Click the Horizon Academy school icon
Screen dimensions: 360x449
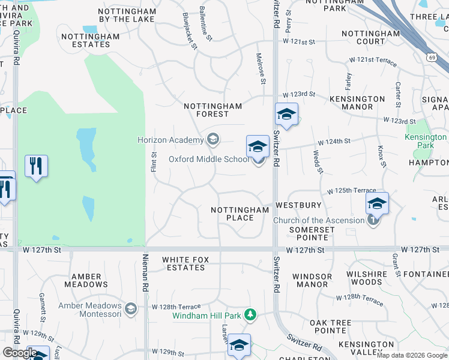[x=212, y=140]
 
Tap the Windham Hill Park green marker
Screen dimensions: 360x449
[x=250, y=314]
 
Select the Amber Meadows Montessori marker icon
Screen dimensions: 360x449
[x=131, y=309]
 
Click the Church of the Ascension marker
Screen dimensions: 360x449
[x=373, y=220]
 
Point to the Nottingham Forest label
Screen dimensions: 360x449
[x=212, y=110]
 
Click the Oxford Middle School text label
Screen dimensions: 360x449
[x=208, y=159]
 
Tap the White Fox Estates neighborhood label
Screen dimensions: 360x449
[x=185, y=263]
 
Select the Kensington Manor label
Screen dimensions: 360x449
[x=357, y=103]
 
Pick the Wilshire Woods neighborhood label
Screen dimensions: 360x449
[x=367, y=278]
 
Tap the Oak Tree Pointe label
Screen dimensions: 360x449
[x=331, y=326]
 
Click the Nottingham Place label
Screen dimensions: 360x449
[x=240, y=214]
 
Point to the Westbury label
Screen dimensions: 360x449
[x=298, y=205]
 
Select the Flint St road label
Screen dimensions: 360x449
[x=154, y=161]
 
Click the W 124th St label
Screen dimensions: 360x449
[x=334, y=142]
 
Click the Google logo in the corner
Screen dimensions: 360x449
[x=20, y=353]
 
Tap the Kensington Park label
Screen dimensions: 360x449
[x=426, y=141]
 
